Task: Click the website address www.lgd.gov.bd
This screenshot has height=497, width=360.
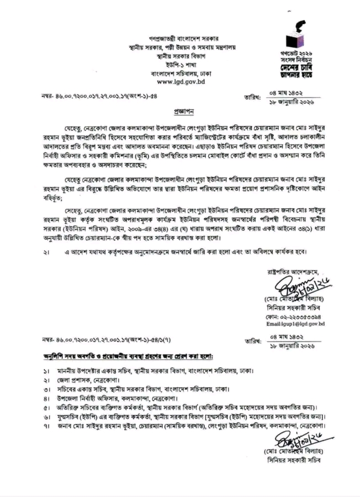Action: pyautogui.click(x=180, y=82)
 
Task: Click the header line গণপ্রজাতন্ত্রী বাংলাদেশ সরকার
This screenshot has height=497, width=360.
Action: pyautogui.click(x=180, y=39)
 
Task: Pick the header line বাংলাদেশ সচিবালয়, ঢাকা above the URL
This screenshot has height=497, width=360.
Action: pyautogui.click(x=180, y=73)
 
